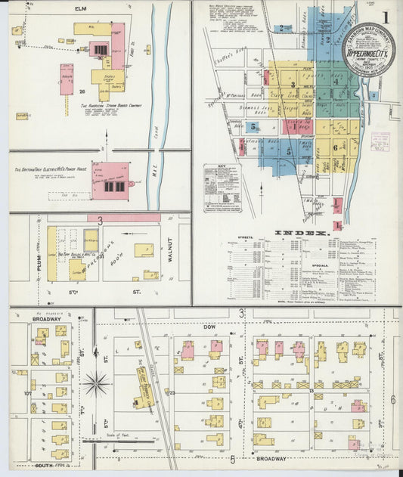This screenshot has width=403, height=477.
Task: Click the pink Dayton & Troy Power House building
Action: [x=110, y=181]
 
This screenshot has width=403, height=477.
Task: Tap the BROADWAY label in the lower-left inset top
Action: [x=46, y=319]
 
